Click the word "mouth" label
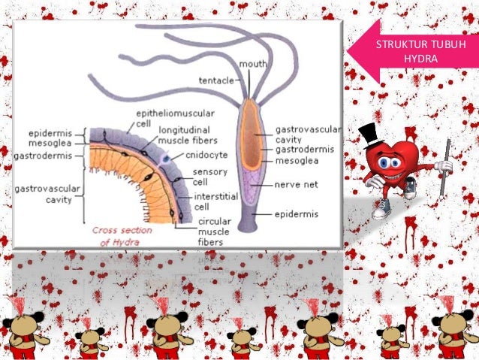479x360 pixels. pyautogui.click(x=252, y=64)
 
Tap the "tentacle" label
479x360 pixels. pyautogui.click(x=216, y=80)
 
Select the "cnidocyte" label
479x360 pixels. pyautogui.click(x=206, y=155)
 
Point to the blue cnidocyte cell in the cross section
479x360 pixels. pyautogui.click(x=166, y=159)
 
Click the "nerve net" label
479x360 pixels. pyautogui.click(x=297, y=184)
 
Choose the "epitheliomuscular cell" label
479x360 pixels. pyautogui.click(x=175, y=118)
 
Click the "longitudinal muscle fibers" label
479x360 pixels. pyautogui.click(x=188, y=135)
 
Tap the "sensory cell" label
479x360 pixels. pyautogui.click(x=210, y=177)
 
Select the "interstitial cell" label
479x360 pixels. pyautogui.click(x=215, y=201)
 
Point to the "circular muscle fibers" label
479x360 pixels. pyautogui.click(x=214, y=231)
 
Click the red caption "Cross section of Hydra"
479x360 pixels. pyautogui.click(x=122, y=236)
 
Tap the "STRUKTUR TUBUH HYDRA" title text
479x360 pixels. pyautogui.click(x=420, y=51)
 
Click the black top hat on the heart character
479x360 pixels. pyautogui.click(x=372, y=135)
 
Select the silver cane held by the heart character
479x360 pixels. pyautogui.click(x=444, y=168)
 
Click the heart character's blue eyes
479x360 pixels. pyautogui.click(x=389, y=162)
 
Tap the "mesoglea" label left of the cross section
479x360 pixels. pyautogui.click(x=50, y=143)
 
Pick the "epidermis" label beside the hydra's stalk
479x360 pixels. pyautogui.click(x=297, y=214)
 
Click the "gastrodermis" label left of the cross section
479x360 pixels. pyautogui.click(x=43, y=156)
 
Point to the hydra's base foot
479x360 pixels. pyautogui.click(x=248, y=227)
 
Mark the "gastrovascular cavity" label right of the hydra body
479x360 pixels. pyautogui.click(x=308, y=135)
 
